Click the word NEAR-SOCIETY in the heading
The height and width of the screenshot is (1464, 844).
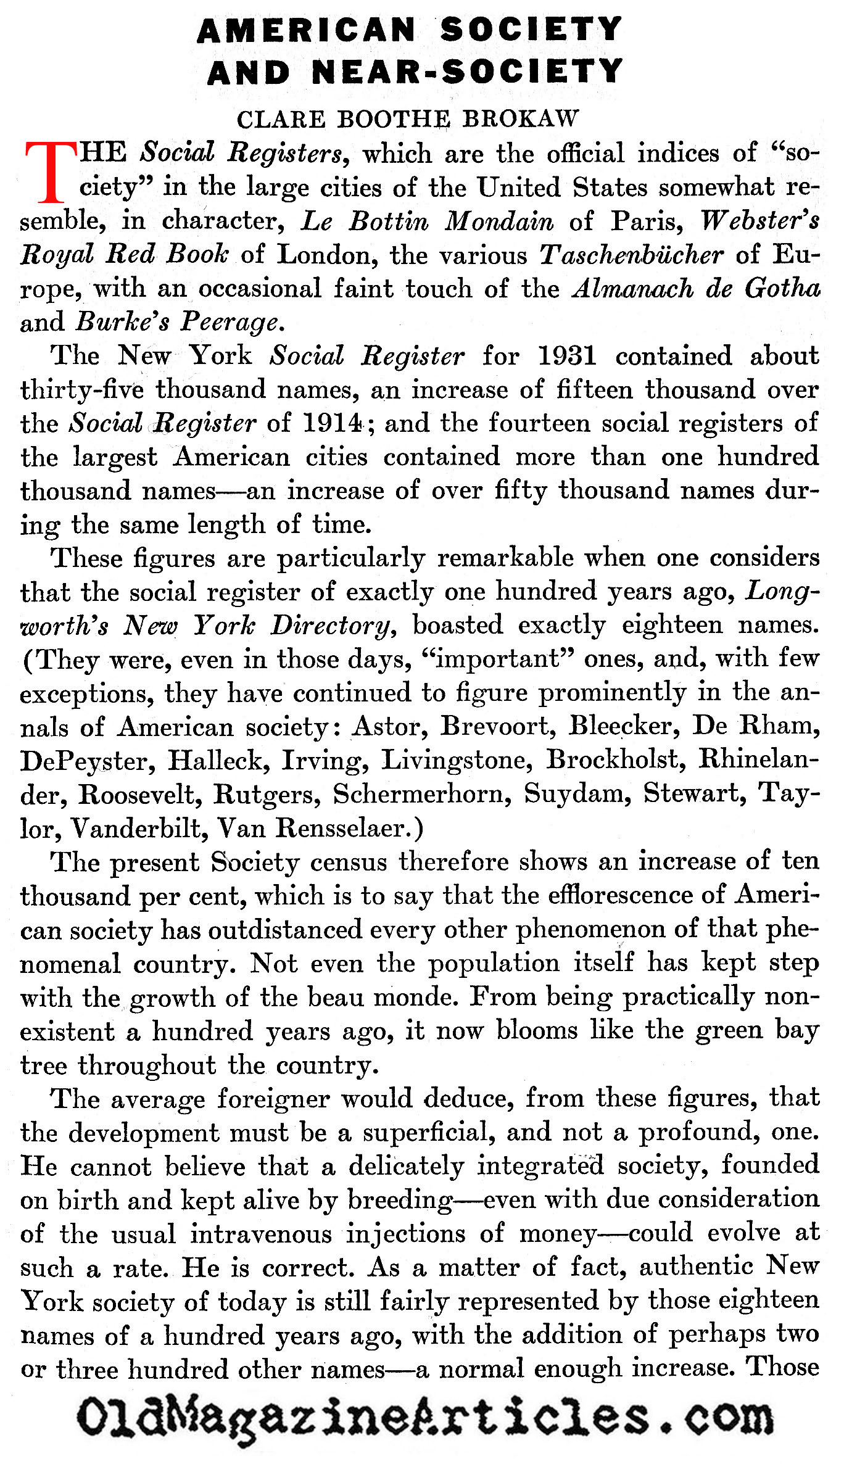(x=468, y=72)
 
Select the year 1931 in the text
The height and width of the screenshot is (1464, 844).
(x=567, y=356)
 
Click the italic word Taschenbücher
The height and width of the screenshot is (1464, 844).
(x=631, y=255)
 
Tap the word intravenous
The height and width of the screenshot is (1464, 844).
(x=261, y=1234)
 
